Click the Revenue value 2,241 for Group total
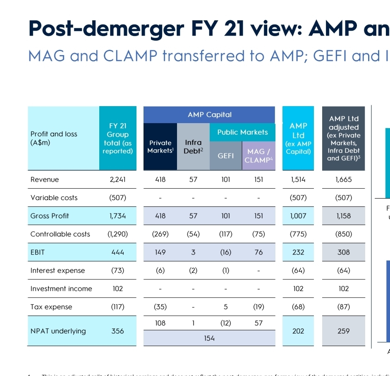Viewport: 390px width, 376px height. (x=117, y=180)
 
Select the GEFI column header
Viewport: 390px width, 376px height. (x=226, y=155)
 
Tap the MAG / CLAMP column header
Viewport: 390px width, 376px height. (x=258, y=156)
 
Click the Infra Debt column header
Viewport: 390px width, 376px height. (x=193, y=147)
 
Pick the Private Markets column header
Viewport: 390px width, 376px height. (x=160, y=147)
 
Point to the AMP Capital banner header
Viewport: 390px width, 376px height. (x=209, y=114)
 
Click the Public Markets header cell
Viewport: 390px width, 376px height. (x=242, y=132)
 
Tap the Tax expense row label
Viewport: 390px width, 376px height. (x=51, y=307)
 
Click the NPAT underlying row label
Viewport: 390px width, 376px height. (x=58, y=331)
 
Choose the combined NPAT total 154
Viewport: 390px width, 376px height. (x=209, y=338)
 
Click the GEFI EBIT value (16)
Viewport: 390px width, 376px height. (x=226, y=252)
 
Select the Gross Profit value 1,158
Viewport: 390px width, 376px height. (x=343, y=216)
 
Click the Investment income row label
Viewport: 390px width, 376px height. (x=61, y=289)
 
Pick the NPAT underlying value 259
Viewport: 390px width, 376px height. (x=343, y=331)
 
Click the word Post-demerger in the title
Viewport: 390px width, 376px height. (x=105, y=28)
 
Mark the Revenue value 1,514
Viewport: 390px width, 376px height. (x=298, y=180)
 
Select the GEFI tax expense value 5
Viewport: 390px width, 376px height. (x=226, y=307)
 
